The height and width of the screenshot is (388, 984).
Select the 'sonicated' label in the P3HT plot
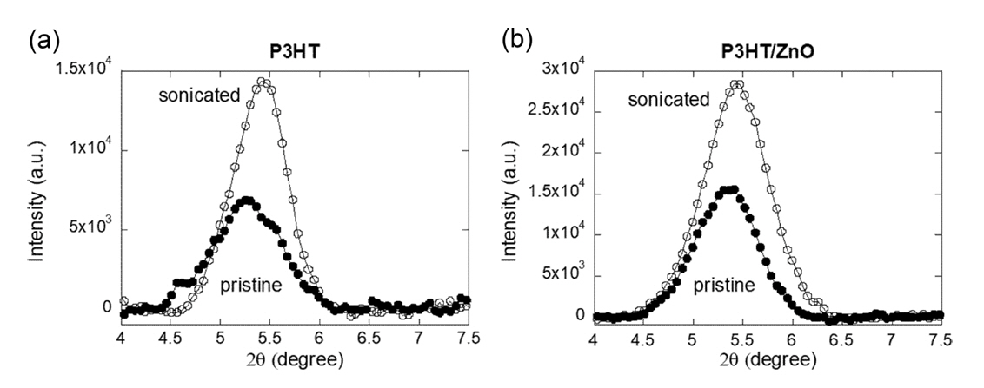point(198,95)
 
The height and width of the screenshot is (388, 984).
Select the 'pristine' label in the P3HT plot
point(250,283)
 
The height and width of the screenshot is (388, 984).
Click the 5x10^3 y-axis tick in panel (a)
point(93,230)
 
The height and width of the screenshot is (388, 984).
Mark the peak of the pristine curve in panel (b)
point(731,189)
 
